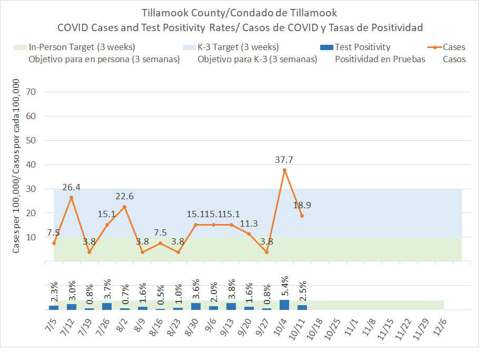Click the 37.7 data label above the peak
tap(284, 159)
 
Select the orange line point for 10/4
tap(284, 170)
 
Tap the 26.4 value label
tap(71, 187)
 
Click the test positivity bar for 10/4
tap(284, 305)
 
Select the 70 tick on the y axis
tap(30, 92)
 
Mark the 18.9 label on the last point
tap(302, 205)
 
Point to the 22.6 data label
tap(124, 196)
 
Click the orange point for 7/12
tap(71, 198)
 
